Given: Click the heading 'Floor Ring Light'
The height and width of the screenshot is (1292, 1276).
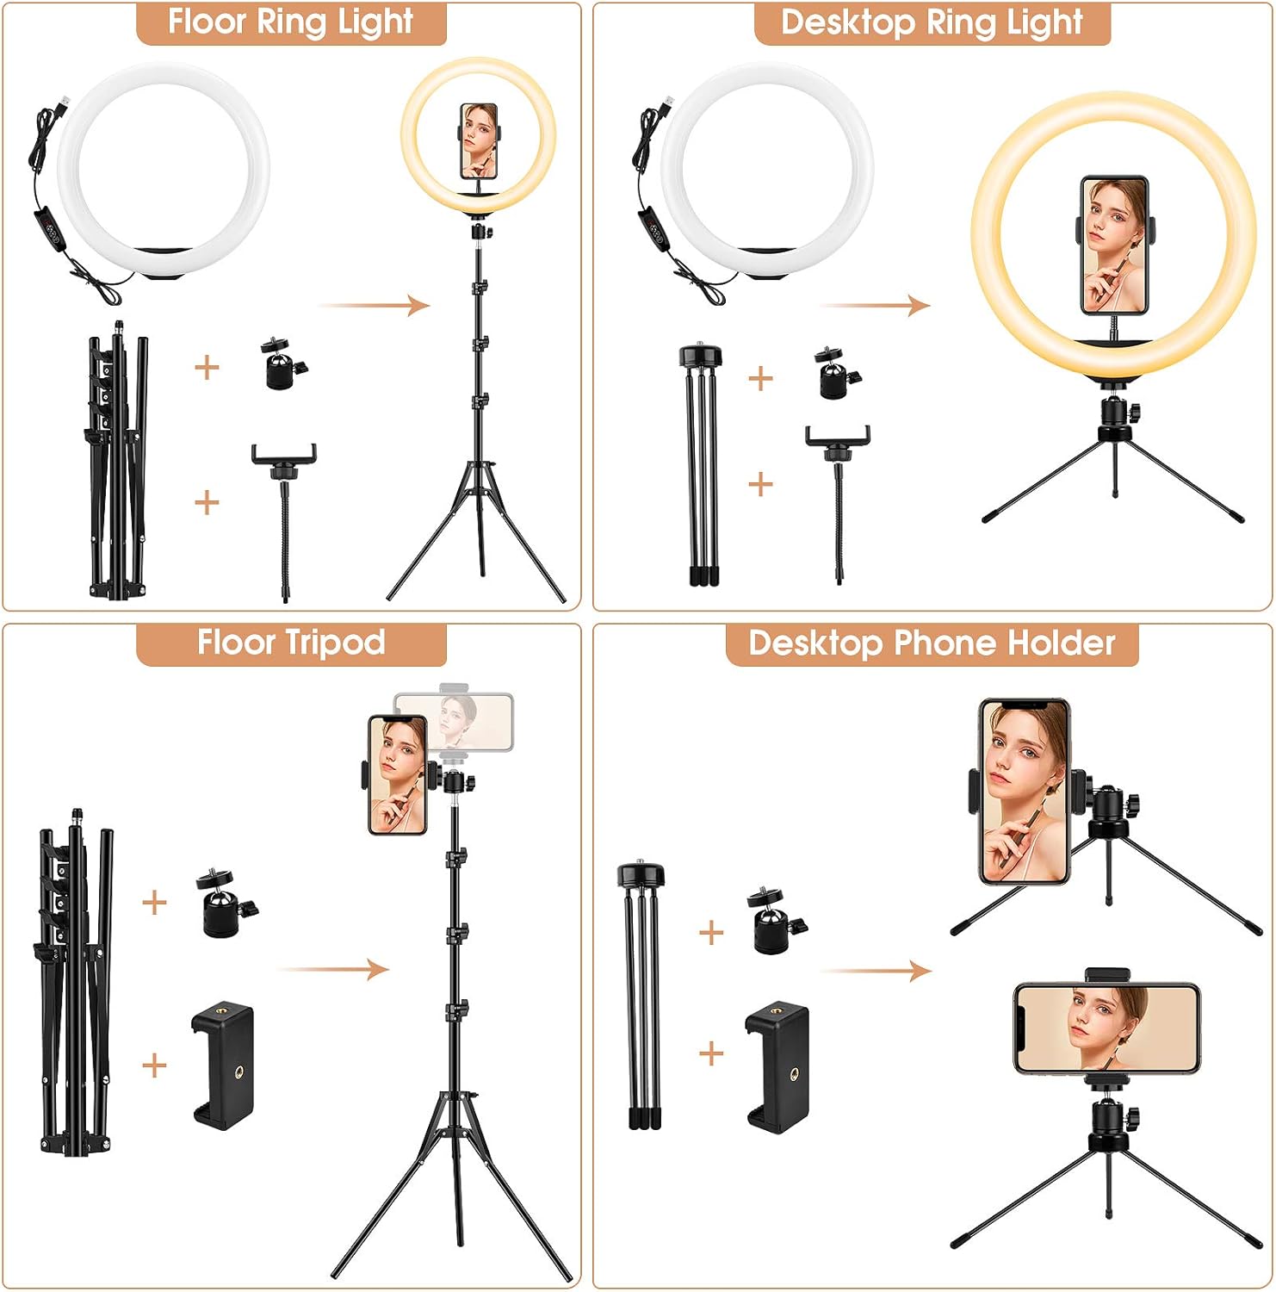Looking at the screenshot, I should (291, 22).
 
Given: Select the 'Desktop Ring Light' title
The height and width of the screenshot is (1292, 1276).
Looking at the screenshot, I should (932, 22).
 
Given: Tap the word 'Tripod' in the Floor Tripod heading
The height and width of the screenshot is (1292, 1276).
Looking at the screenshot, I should (336, 643).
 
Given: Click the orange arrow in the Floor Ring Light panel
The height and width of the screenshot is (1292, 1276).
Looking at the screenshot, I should (374, 305).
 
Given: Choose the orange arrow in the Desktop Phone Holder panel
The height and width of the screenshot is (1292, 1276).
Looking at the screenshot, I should (876, 971).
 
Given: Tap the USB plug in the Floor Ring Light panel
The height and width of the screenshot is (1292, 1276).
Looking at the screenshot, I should (62, 107).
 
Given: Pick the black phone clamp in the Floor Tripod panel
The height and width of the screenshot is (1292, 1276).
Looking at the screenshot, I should (222, 1065).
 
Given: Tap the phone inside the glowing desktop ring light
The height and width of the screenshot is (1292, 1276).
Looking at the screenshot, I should (1114, 246).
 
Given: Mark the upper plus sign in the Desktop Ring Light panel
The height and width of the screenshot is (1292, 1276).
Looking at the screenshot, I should (760, 378).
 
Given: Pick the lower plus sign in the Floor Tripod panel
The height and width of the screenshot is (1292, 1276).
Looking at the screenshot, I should (154, 1065).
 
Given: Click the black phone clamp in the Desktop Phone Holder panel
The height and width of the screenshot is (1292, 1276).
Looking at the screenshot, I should (777, 1067).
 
